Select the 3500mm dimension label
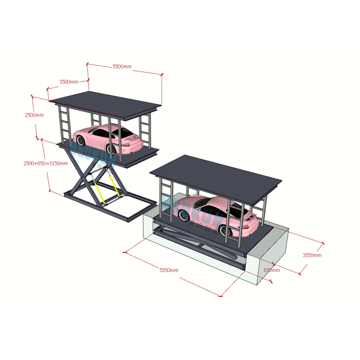click(x=68, y=82)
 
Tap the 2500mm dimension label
click(x=34, y=115)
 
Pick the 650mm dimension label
click(x=271, y=270)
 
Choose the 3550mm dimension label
click(x=312, y=255)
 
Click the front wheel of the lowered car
click(x=183, y=216)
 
